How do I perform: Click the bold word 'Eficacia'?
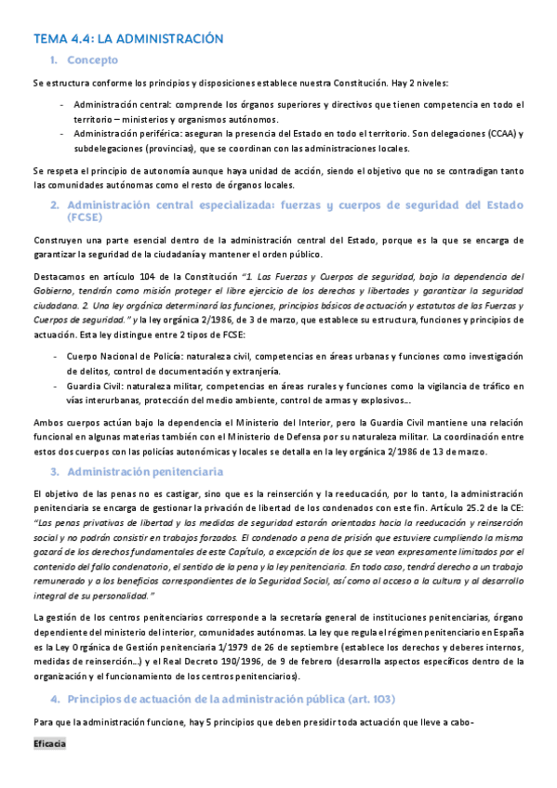click(49, 770)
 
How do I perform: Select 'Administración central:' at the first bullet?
click(126, 105)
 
